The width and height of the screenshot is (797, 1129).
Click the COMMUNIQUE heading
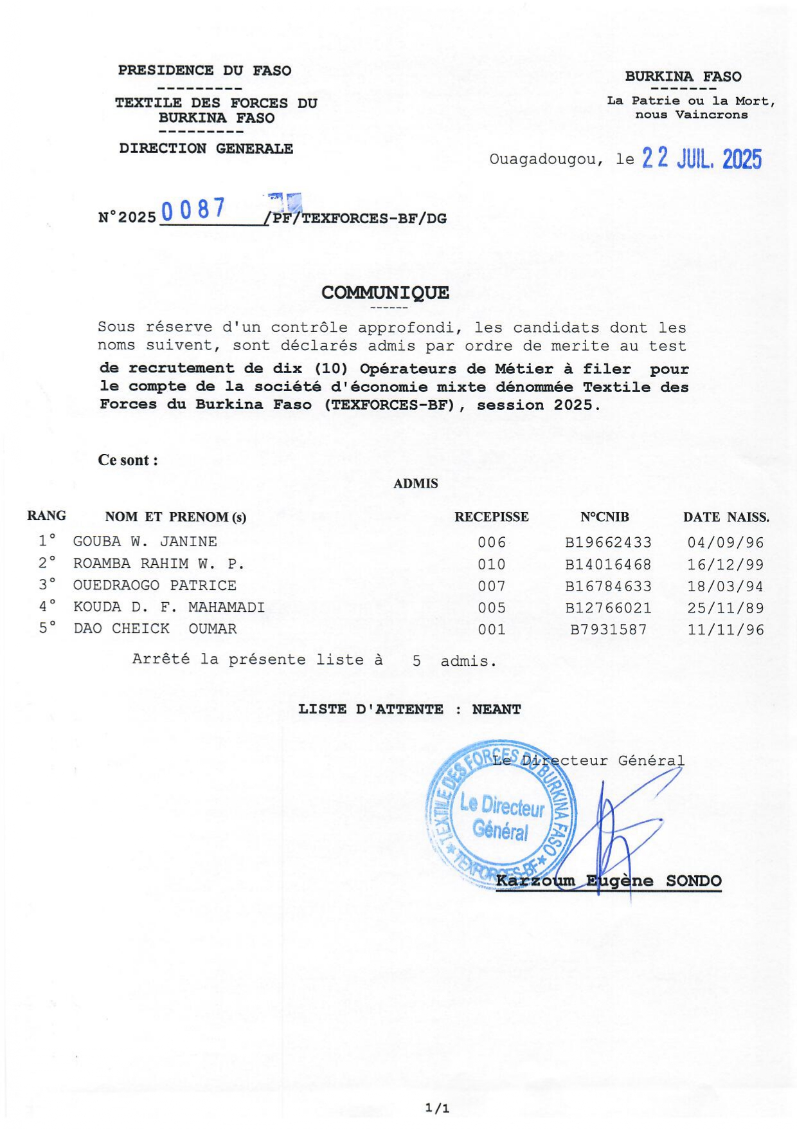(385, 293)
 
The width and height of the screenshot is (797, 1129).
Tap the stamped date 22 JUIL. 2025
(702, 158)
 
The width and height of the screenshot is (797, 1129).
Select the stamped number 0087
(193, 210)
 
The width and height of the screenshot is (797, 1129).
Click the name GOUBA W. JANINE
(145, 542)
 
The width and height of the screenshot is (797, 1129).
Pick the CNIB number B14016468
(608, 565)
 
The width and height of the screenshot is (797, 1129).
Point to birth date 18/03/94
(726, 586)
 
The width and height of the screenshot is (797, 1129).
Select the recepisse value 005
(492, 608)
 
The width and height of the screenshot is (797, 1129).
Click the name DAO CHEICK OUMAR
(155, 629)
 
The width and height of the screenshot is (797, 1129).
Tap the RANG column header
(46, 516)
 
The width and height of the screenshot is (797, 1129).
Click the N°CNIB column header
(604, 517)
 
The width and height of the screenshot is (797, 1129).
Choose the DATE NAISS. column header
(726, 517)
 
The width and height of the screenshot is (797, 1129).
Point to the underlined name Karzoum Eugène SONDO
(609, 881)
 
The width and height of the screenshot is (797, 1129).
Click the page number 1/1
(437, 1108)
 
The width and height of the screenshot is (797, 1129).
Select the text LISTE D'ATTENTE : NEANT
(409, 710)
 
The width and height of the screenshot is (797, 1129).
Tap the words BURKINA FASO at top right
(683, 77)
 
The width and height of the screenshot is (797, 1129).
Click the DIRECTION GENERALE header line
(206, 149)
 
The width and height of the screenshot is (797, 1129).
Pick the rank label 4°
(47, 607)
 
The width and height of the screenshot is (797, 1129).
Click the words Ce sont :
(128, 461)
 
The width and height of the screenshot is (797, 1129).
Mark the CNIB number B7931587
(608, 630)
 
